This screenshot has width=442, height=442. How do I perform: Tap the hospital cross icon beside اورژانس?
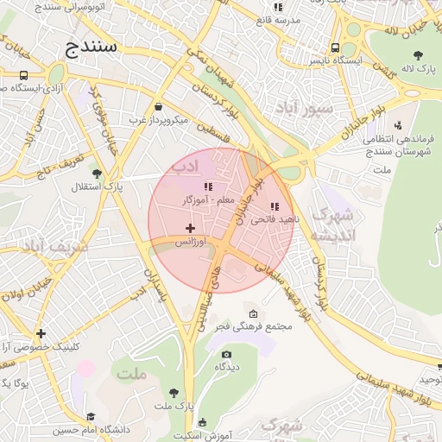coord(190,228)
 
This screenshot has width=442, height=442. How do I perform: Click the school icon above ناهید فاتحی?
coord(275,206)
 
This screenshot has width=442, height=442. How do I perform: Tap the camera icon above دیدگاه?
coord(226,354)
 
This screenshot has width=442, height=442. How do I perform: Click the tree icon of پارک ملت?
coord(174,392)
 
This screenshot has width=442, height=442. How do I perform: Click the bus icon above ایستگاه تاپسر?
coord(335,48)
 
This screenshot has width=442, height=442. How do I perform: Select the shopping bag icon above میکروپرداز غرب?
coord(158,107)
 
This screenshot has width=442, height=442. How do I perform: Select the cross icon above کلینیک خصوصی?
coord(41,333)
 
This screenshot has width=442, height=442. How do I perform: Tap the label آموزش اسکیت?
coord(205,437)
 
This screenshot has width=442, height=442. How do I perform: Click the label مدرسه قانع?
coord(279,19)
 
